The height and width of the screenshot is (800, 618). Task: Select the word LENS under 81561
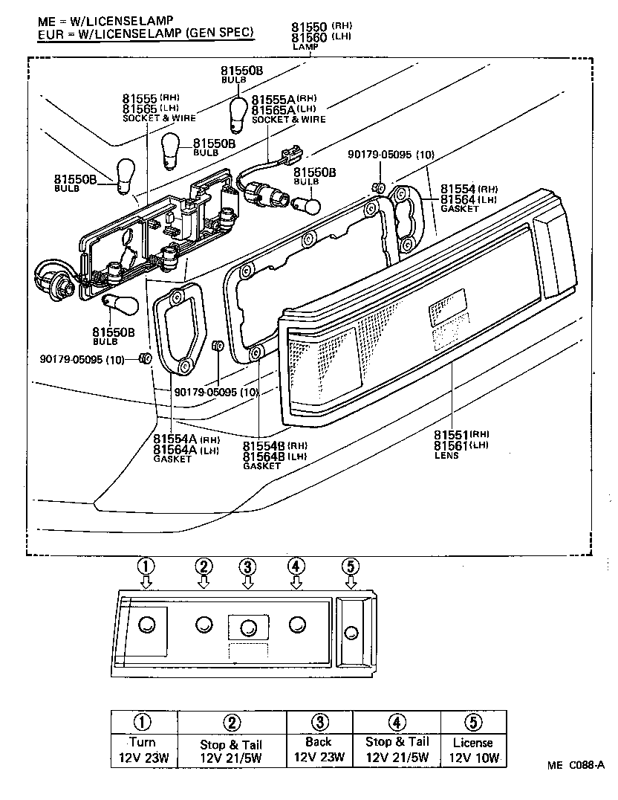[447, 455]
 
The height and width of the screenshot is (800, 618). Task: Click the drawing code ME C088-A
[577, 765]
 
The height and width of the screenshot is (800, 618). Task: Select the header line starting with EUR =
[146, 33]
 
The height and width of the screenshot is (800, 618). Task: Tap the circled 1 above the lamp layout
[146, 565]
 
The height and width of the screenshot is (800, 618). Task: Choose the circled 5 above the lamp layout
[351, 565]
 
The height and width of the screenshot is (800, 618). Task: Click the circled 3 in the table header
[319, 722]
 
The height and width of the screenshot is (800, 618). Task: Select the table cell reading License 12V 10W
[473, 750]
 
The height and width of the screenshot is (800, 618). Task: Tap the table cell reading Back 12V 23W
[319, 750]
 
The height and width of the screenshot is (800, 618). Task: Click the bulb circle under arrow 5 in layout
[351, 633]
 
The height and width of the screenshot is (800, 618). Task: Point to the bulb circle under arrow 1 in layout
[147, 625]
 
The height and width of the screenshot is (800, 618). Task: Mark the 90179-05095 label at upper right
[391, 155]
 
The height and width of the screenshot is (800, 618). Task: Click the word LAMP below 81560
[305, 47]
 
